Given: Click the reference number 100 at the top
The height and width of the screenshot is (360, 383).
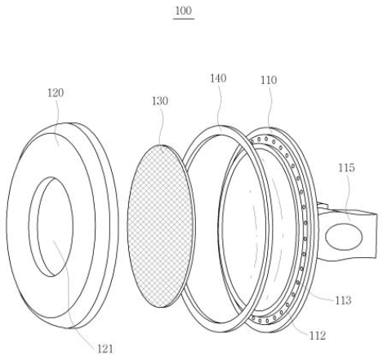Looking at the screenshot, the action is [184, 11].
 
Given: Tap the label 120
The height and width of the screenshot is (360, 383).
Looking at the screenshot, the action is [56, 93].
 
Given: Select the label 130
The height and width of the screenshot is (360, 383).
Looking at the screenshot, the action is [160, 101].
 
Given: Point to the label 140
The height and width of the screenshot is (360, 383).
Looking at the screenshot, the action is [218, 78].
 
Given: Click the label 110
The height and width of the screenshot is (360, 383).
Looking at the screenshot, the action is [269, 80].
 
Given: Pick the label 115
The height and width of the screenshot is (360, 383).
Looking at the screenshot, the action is [346, 167].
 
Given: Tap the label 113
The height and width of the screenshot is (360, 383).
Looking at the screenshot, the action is [343, 300].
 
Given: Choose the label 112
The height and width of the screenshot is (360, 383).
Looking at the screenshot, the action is [318, 336].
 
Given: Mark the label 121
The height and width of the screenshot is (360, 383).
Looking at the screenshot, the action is [105, 349].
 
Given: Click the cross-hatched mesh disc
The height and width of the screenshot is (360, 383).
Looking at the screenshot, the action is [161, 226].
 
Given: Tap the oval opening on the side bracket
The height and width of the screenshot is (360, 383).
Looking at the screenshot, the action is [344, 237].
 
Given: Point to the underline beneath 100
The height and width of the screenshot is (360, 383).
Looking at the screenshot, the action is [184, 19].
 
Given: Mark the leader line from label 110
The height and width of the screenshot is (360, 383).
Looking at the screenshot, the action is [270, 109].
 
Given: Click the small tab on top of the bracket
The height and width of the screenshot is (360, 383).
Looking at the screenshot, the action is [323, 206].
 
